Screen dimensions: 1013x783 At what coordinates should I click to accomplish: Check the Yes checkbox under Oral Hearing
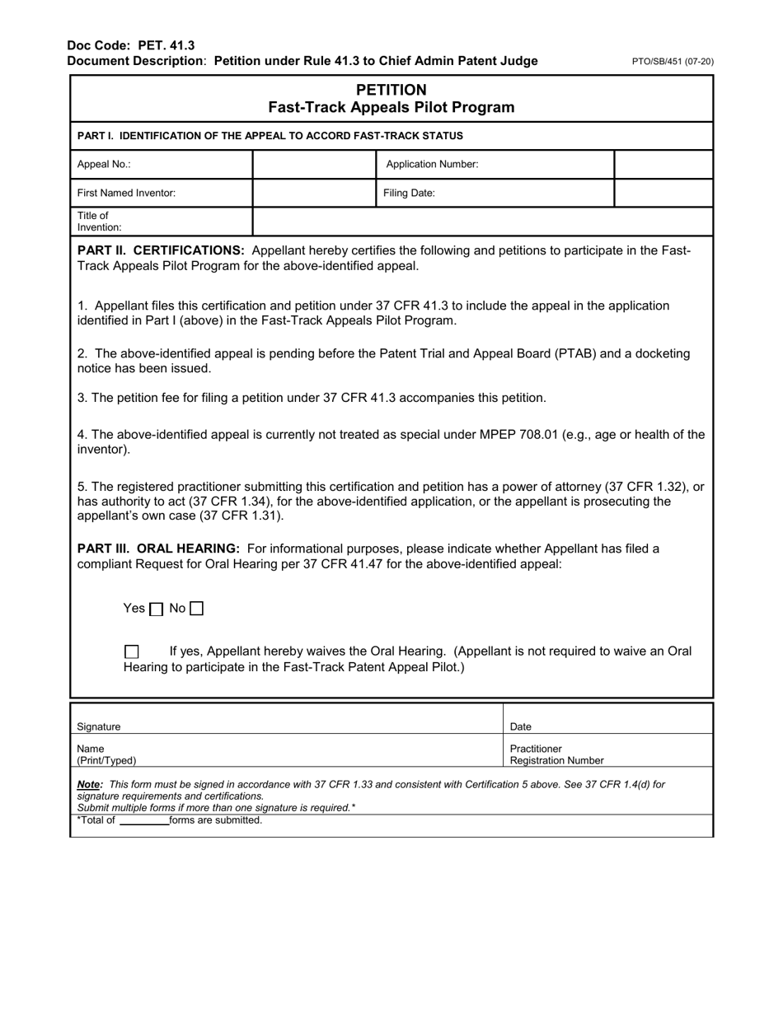point(157,609)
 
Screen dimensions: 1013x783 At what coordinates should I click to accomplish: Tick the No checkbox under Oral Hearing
point(196,609)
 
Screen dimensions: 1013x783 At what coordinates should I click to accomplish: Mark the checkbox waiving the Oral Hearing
point(131,651)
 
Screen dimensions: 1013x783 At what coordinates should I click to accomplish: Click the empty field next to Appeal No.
point(314,165)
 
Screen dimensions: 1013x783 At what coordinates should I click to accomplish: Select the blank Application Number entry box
point(663,165)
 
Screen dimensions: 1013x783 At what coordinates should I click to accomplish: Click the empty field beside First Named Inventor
point(314,194)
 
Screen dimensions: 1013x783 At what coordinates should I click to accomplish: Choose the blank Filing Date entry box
point(663,194)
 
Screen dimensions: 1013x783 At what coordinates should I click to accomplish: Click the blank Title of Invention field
point(482,222)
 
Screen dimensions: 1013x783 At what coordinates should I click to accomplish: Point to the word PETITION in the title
point(391,90)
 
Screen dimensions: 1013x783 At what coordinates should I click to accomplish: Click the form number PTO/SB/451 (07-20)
point(673,62)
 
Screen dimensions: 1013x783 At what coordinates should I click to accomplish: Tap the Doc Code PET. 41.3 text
point(131,45)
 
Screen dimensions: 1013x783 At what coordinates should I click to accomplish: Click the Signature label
point(99,726)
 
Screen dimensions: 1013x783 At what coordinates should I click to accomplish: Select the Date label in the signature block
point(521,726)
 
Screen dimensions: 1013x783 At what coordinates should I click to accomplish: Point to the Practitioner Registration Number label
point(556,754)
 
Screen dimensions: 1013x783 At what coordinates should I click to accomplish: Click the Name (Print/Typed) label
point(106,754)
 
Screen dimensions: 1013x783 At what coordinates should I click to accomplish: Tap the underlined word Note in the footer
point(88,785)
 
